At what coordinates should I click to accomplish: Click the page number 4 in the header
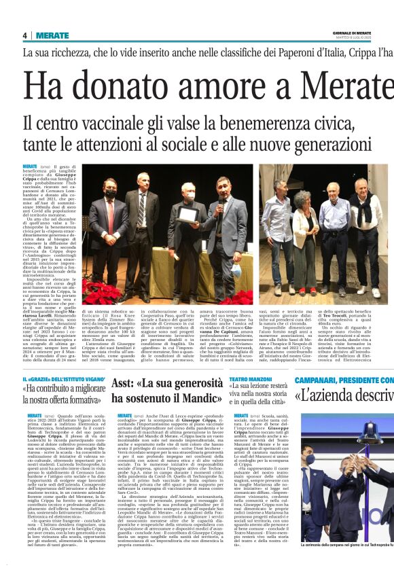(24, 35)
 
